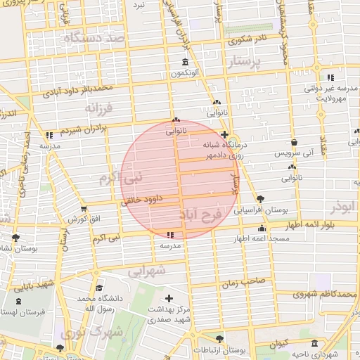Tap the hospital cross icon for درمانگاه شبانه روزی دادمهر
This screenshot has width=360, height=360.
tap(224, 134)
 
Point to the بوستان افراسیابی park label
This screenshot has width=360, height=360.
tap(260, 210)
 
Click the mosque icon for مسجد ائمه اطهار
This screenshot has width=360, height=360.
tap(262, 228)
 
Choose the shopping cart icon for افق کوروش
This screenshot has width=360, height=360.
tap(84, 208)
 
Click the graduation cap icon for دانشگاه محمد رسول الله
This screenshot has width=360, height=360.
tap(99, 288)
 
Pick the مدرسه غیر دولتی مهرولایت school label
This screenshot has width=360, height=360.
tap(327, 94)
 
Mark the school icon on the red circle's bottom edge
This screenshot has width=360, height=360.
tap(169, 235)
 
